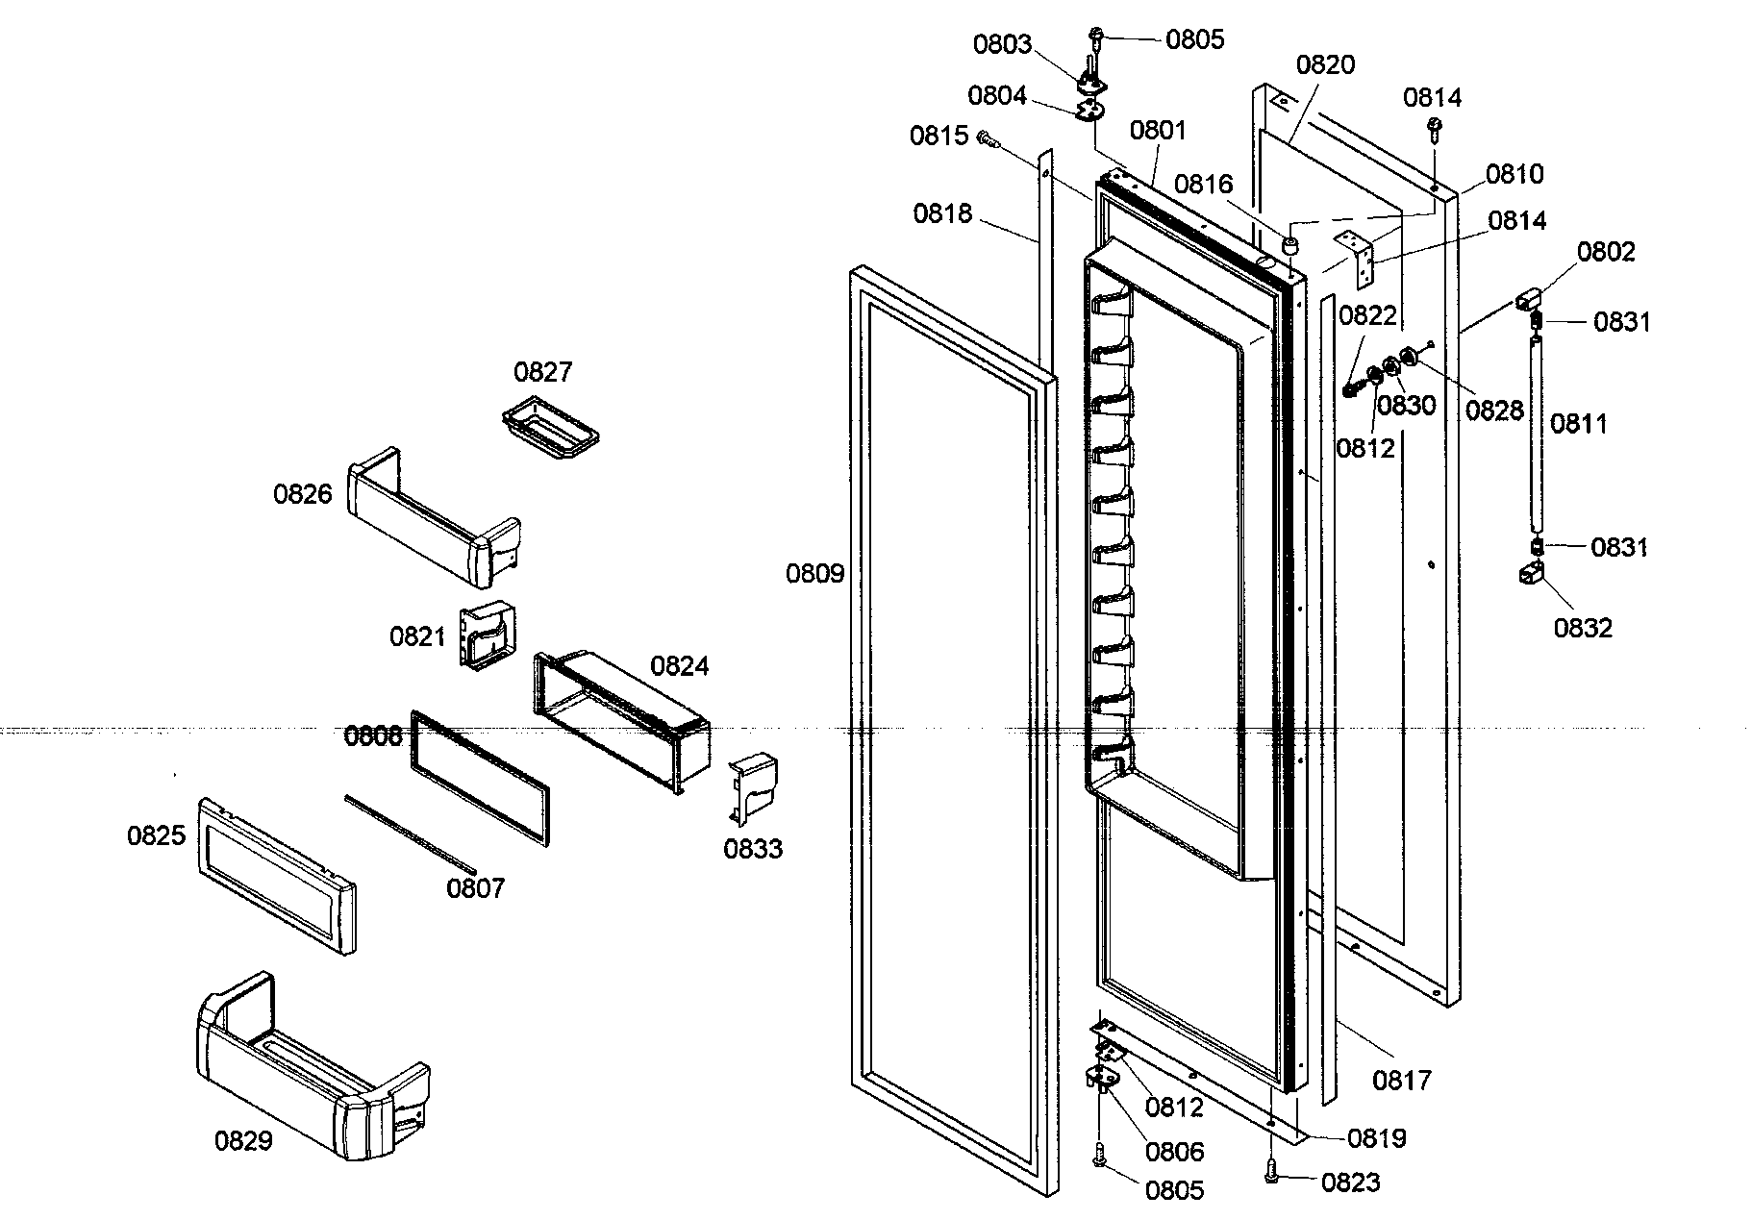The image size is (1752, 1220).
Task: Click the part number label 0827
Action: pyautogui.click(x=542, y=372)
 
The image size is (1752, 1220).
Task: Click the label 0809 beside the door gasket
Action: pyautogui.click(x=814, y=574)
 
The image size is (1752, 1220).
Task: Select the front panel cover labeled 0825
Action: pyautogui.click(x=276, y=875)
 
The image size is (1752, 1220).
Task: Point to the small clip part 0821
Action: pyautogui.click(x=487, y=635)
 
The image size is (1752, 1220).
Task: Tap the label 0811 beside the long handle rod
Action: pyautogui.click(x=1579, y=423)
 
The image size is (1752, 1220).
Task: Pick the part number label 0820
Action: pyautogui.click(x=1325, y=65)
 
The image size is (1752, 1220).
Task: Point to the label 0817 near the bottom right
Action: pyautogui.click(x=1402, y=1081)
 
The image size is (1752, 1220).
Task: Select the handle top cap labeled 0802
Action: pyautogui.click(x=1528, y=299)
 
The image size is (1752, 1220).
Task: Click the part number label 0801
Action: pyautogui.click(x=1158, y=130)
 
